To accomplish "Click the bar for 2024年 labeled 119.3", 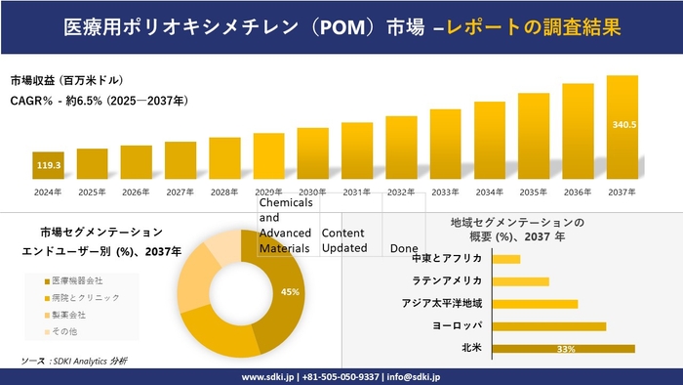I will pyautogui.click(x=48, y=166).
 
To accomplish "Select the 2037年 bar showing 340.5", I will pyautogui.click(x=623, y=127).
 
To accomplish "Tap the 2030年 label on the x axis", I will pyautogui.click(x=312, y=192).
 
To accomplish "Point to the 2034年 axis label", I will pyautogui.click(x=490, y=192).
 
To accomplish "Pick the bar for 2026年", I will pyautogui.click(x=136, y=163).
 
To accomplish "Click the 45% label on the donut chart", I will pyautogui.click(x=290, y=292).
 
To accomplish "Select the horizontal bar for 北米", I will pyautogui.click(x=564, y=348).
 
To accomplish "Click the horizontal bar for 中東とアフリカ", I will pyautogui.click(x=506, y=259).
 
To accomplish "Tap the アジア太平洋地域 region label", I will pyautogui.click(x=442, y=303).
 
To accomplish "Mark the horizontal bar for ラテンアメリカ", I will pyautogui.click(x=521, y=281).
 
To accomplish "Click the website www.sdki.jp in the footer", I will pyautogui.click(x=269, y=376).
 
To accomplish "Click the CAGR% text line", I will pyautogui.click(x=99, y=101).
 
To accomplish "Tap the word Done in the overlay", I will pyautogui.click(x=404, y=248).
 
